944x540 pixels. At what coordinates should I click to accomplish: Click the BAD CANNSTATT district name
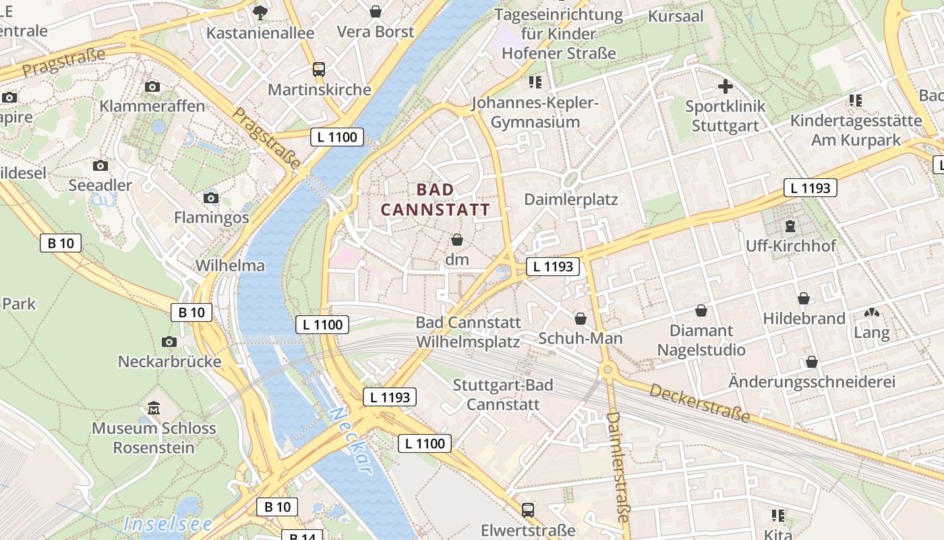click(x=436, y=200)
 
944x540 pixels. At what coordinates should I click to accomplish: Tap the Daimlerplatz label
click(x=570, y=200)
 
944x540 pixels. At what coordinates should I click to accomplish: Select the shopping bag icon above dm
click(x=457, y=240)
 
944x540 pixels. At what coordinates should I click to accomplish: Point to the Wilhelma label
click(x=230, y=265)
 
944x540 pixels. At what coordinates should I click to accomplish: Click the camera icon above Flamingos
click(x=211, y=198)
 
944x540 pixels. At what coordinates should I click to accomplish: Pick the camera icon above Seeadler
click(x=100, y=165)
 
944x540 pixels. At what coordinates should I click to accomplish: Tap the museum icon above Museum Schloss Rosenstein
click(x=154, y=408)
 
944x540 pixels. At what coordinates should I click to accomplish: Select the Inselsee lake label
click(x=168, y=524)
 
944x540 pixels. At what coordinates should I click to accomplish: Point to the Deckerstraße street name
click(x=700, y=403)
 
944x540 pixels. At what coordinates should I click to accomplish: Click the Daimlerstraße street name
click(x=617, y=466)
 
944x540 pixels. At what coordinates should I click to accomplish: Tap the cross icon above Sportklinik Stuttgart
click(x=725, y=86)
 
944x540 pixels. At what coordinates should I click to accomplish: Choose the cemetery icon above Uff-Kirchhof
click(x=790, y=226)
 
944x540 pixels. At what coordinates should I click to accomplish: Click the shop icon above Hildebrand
click(x=804, y=298)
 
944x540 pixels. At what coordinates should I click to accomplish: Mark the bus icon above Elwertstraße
click(x=528, y=510)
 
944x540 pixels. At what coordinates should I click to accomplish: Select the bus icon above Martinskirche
click(x=319, y=69)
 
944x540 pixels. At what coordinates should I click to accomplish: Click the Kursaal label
click(x=676, y=16)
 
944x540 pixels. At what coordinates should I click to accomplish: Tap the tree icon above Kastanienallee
click(x=260, y=12)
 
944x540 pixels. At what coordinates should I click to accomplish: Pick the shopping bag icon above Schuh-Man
click(x=580, y=319)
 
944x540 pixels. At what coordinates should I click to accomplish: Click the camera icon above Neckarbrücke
click(x=169, y=342)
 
